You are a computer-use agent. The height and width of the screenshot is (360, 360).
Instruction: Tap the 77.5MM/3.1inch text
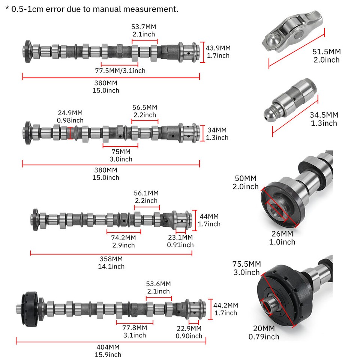(120, 70)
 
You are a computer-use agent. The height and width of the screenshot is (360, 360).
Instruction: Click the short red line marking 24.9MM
(70, 133)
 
